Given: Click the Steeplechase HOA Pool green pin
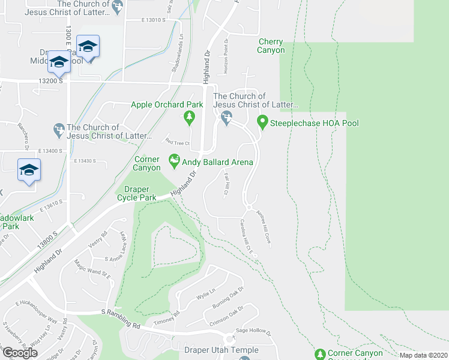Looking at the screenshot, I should click(x=262, y=122).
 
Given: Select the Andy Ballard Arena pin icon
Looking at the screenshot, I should click(x=174, y=161).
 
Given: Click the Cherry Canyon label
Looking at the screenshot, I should click(x=271, y=46).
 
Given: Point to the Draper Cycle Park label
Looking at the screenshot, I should click(x=136, y=193).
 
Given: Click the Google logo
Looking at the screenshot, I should click(x=20, y=353).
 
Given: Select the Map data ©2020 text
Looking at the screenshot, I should click(x=423, y=355).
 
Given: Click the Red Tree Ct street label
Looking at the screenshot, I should click(x=178, y=142).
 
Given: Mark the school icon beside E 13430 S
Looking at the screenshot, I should click(x=29, y=170).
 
